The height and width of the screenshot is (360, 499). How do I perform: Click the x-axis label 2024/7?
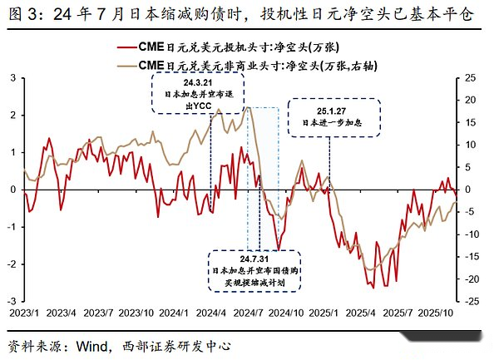pyautogui.click(x=249, y=314)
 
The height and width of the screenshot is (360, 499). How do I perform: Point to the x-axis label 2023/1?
pyautogui.click(x=23, y=314)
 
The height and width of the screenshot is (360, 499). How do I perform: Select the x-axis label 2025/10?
pyautogui.click(x=436, y=314)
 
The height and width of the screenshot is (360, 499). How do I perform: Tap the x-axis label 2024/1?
pyautogui.click(x=174, y=314)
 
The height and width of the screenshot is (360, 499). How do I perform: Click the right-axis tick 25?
pyautogui.click(x=471, y=77)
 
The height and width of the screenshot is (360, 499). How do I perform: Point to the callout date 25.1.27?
pyautogui.click(x=329, y=110)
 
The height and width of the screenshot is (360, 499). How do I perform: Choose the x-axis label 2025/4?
pyautogui.click(x=361, y=314)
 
